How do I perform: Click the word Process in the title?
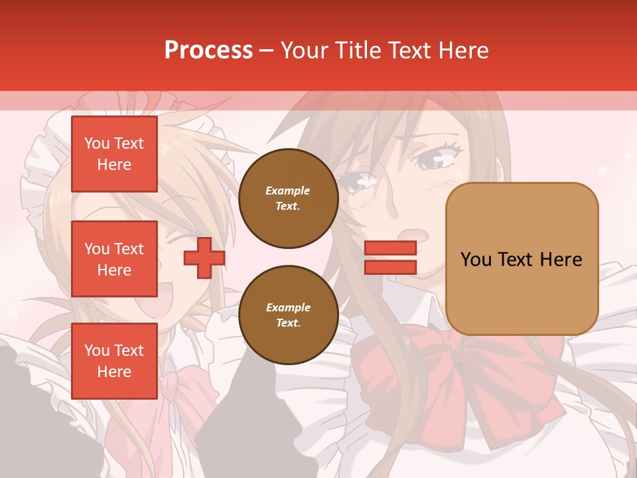click(x=208, y=50)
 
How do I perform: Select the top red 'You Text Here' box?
click(x=114, y=154)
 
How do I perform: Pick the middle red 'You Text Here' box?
click(x=114, y=259)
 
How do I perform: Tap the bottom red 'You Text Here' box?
click(x=114, y=361)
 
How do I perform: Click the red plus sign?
click(x=204, y=258)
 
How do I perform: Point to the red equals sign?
click(x=390, y=258)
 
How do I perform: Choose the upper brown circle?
click(x=288, y=199)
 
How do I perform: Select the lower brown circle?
click(x=288, y=315)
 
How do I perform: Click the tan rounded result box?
click(x=522, y=259)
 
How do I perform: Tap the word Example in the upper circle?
click(x=288, y=191)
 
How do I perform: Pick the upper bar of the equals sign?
click(x=390, y=248)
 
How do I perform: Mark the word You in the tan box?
click(x=476, y=260)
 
